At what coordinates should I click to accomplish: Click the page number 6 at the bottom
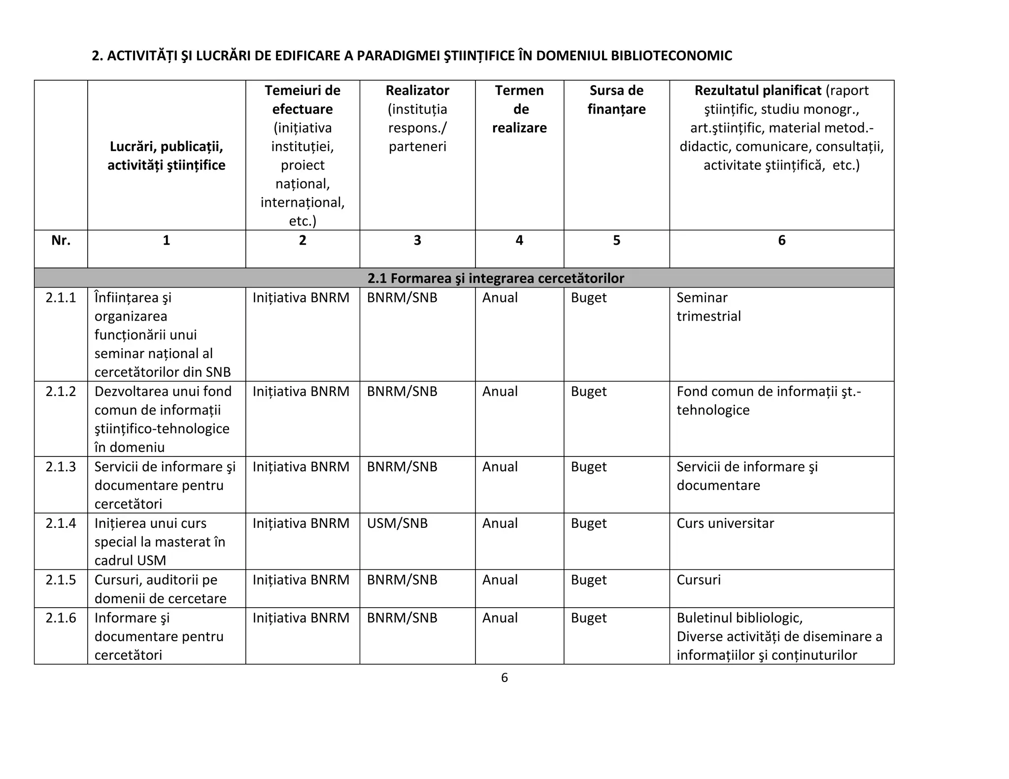tap(504, 678)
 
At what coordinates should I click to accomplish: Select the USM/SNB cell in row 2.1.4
tap(397, 523)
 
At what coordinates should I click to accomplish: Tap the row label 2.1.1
tap(61, 297)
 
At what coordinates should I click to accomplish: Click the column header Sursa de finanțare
tap(616, 99)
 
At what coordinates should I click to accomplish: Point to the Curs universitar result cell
tap(725, 523)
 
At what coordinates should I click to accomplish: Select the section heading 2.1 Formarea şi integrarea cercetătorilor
tap(495, 278)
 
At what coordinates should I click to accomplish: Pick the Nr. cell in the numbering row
tap(61, 240)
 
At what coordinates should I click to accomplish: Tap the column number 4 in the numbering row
tap(519, 240)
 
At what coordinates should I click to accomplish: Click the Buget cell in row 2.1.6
tap(588, 617)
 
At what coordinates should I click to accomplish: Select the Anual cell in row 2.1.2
tap(500, 391)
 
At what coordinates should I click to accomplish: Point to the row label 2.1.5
tap(61, 580)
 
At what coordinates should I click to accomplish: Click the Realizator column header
tap(417, 91)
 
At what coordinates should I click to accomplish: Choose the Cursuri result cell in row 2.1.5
tap(698, 580)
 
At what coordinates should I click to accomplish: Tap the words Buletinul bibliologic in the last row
tap(739, 617)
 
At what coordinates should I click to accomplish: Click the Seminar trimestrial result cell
tap(708, 307)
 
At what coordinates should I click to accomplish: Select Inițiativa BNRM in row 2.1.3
tap(301, 467)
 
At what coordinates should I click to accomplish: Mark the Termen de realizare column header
tap(519, 109)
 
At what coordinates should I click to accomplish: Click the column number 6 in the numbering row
tap(781, 240)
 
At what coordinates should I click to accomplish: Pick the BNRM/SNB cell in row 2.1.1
tap(402, 297)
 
